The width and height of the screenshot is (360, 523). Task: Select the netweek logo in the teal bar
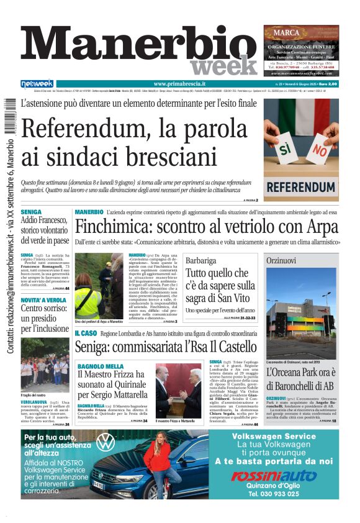point(37,83)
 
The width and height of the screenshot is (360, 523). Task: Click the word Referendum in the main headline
point(84,129)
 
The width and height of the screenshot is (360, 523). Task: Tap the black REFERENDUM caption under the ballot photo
point(300,186)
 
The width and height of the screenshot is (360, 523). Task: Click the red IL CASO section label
point(86,334)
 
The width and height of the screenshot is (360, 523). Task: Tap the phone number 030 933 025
point(282,494)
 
